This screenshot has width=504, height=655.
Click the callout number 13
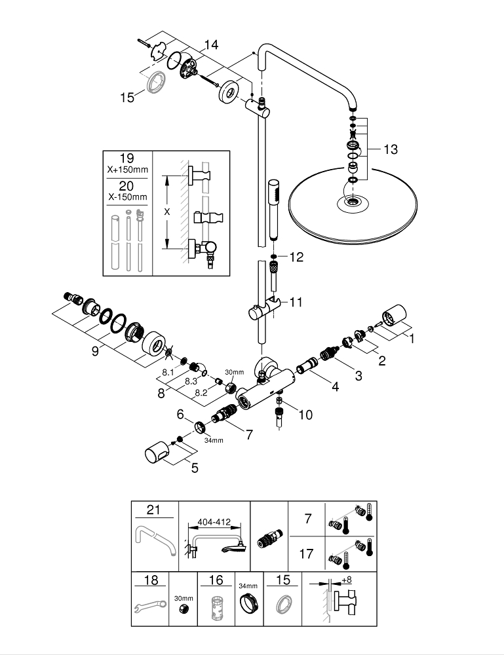tap(390, 150)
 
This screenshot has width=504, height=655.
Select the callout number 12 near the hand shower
tap(298, 257)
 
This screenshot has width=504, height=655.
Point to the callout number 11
tap(296, 302)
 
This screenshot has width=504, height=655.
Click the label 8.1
tap(167, 372)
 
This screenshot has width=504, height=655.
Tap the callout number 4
tap(335, 386)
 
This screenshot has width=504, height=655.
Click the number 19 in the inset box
tap(126, 158)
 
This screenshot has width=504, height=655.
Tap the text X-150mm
tap(126, 196)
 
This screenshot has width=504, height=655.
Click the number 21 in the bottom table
tap(153, 510)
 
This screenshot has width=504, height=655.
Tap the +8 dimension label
tap(346, 580)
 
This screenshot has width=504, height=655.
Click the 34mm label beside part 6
tap(214, 440)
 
